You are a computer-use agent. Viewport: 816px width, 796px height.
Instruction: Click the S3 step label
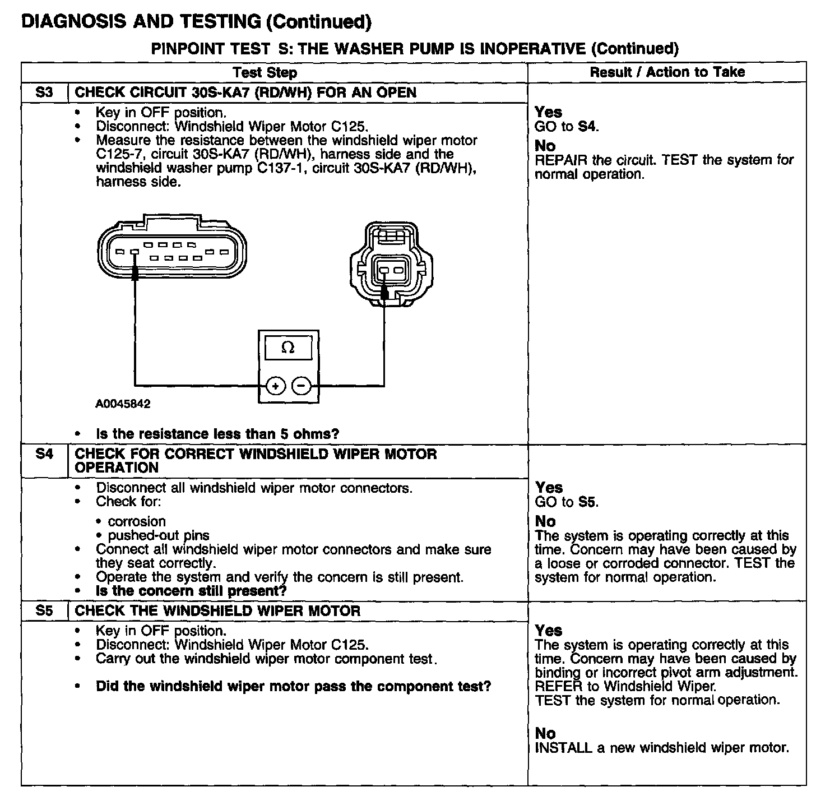(44, 92)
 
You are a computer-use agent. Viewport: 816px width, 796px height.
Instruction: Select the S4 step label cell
(44, 453)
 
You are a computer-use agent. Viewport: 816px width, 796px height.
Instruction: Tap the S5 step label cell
(44, 610)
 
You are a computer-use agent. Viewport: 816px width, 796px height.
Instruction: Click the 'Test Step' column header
(265, 72)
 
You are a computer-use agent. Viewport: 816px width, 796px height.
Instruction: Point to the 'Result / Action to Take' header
(667, 72)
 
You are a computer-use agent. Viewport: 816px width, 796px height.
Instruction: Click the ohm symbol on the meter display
(288, 348)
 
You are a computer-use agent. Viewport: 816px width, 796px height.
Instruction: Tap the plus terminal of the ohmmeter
(275, 386)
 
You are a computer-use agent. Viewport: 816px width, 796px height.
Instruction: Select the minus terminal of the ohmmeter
(302, 386)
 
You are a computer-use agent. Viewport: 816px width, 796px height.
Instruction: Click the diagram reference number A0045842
(123, 404)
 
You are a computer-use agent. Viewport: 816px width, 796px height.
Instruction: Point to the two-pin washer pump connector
(391, 263)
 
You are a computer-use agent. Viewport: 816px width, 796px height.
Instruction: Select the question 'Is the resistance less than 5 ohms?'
(217, 434)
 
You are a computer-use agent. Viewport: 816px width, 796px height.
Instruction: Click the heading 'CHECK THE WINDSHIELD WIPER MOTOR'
(217, 610)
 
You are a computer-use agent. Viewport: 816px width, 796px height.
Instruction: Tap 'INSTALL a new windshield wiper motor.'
(662, 747)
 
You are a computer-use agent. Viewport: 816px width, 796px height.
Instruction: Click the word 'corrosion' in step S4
(137, 521)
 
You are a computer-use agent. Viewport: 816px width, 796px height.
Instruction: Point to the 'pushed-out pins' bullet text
(159, 535)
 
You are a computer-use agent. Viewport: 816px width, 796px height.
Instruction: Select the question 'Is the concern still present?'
(191, 591)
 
